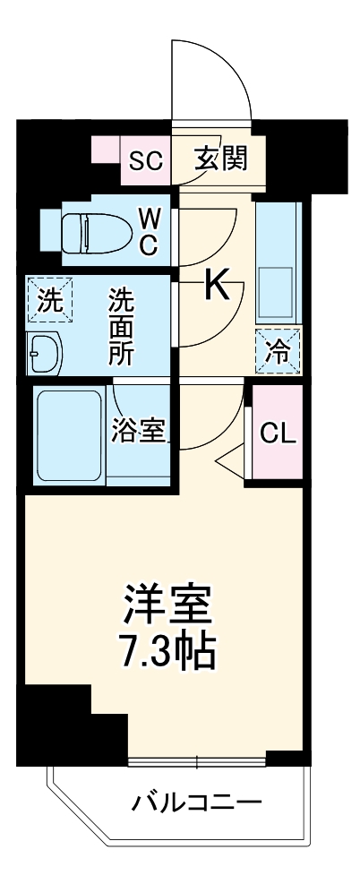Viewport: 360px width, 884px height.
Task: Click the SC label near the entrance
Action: pos(145,161)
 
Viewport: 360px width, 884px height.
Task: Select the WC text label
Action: pos(148,230)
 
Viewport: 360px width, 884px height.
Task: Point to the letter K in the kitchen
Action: pos(219,287)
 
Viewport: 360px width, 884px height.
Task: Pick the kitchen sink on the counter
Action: pos(279,288)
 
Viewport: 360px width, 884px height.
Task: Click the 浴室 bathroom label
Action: pos(139,430)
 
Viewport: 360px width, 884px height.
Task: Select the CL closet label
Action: pos(277,433)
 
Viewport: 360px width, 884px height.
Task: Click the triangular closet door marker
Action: pos(232,461)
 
